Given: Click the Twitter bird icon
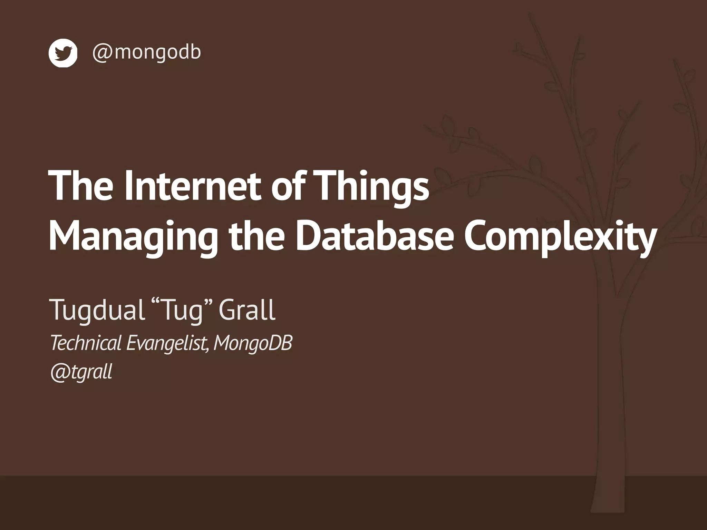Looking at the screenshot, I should (x=63, y=53).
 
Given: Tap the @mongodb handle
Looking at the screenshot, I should (x=146, y=52).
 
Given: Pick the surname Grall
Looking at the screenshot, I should (x=247, y=310).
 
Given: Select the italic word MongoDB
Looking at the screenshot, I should (x=253, y=343).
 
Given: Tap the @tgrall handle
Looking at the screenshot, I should (x=81, y=372).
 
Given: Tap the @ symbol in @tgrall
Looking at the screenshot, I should (x=59, y=372).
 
